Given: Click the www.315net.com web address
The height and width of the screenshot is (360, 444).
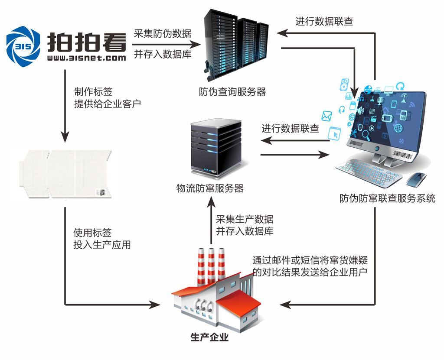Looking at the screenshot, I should pyautogui.click(x=86, y=57).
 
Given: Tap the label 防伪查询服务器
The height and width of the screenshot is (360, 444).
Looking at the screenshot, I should pyautogui.click(x=232, y=92).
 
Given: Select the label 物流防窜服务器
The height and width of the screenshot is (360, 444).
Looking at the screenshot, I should pyautogui.click(x=210, y=188).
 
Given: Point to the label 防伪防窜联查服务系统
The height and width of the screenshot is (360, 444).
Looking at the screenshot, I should pyautogui.click(x=387, y=199).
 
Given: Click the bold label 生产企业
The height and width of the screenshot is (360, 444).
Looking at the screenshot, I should pyautogui.click(x=209, y=337).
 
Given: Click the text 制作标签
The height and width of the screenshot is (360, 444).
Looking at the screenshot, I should pyautogui.click(x=93, y=92).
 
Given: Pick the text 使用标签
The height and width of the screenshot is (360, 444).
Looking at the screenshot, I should pyautogui.click(x=93, y=233).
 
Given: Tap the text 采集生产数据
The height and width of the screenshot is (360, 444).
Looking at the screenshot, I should pyautogui.click(x=245, y=219).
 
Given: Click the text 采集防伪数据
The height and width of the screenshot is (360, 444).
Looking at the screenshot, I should pyautogui.click(x=163, y=34).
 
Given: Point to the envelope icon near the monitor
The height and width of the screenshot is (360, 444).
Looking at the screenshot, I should pyautogui.click(x=326, y=116).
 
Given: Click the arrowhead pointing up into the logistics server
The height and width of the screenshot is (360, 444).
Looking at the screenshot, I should pyautogui.click(x=211, y=201).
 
